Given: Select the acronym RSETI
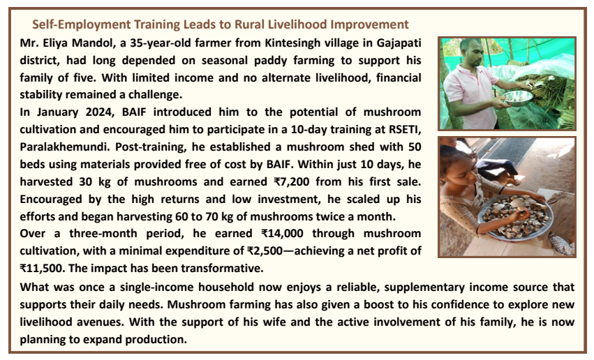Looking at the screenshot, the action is point(404,130).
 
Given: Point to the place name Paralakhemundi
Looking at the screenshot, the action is point(64,147).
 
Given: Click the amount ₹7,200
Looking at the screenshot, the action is point(291,181).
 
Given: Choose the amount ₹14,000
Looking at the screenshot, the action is point(282,233).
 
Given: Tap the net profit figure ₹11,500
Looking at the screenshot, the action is point(41,268).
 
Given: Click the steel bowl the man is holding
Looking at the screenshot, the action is point(519,98).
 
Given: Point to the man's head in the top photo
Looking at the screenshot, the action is point(472,52).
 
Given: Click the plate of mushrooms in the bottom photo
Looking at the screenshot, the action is point(515,217).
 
